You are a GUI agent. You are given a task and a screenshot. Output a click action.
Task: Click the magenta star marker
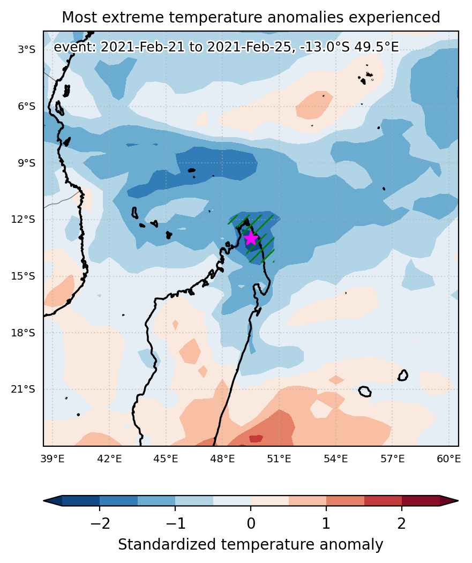point(251,238)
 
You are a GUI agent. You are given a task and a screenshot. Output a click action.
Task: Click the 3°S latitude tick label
point(27,49)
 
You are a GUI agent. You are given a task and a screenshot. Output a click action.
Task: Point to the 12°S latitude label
point(24,220)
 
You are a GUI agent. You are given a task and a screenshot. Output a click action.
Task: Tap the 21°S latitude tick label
point(24,389)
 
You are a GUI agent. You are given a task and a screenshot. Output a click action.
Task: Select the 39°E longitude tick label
point(53,459)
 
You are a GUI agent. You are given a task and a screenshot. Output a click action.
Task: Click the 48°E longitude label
point(222,459)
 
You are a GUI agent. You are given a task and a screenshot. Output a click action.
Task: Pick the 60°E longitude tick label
point(448,459)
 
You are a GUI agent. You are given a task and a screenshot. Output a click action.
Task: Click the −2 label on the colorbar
point(100,523)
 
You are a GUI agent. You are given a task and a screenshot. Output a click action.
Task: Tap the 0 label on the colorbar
point(251,523)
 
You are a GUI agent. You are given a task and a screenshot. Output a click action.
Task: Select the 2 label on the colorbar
point(402,523)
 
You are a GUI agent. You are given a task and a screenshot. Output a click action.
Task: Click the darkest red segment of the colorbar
point(421,500)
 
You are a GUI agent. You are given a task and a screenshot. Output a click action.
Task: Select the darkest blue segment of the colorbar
point(81,500)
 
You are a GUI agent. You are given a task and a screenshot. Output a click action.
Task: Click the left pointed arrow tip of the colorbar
point(44,500)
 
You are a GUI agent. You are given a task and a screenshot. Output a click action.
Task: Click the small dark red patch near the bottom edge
point(256,438)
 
